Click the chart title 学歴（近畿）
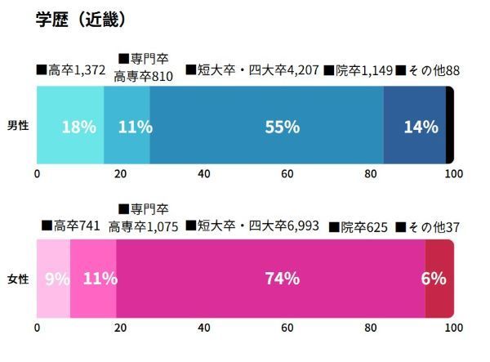[x=79, y=19]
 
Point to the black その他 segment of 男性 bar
[x=449, y=127]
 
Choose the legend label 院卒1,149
[x=359, y=71]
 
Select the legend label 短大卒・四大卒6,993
[x=254, y=226]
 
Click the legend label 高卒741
[x=71, y=226]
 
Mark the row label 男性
[x=18, y=127]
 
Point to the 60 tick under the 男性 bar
[x=287, y=174]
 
